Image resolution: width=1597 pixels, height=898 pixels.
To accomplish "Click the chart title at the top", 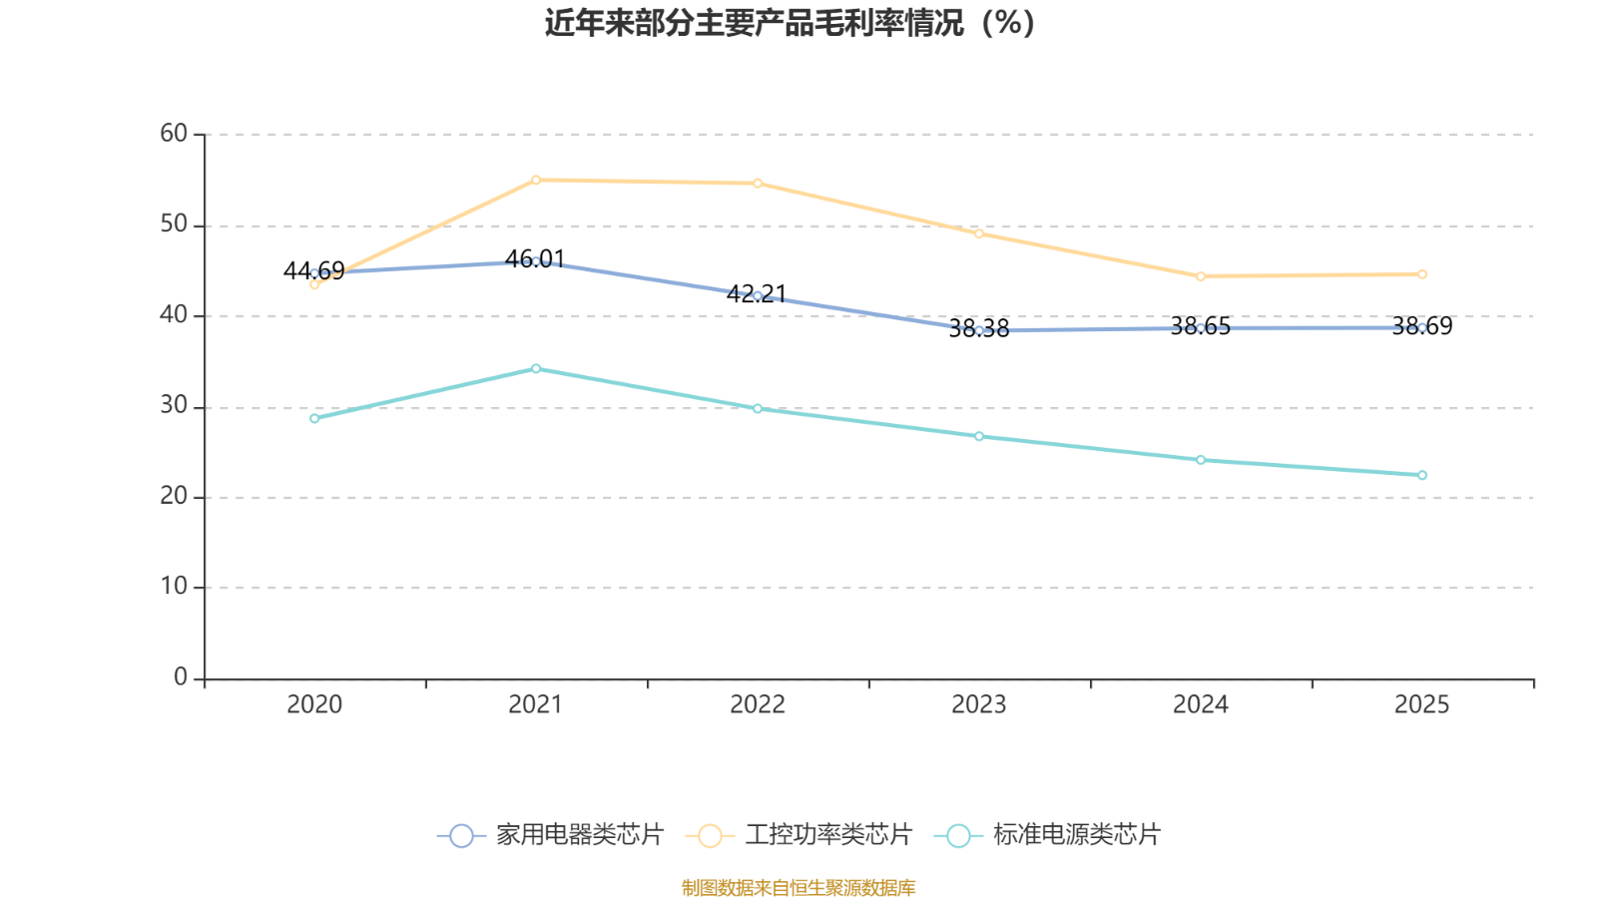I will tap(790, 23).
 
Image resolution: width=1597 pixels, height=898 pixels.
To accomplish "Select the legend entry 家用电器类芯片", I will tap(550, 835).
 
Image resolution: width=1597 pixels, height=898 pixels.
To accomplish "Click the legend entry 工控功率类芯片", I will tap(799, 835).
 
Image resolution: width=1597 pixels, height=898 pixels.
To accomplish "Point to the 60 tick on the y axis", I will tap(174, 134).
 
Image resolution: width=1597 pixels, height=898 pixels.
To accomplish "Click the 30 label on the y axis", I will tap(174, 406).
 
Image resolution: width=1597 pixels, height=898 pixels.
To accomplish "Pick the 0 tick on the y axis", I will tap(181, 678).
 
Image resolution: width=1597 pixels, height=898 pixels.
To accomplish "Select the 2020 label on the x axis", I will tap(314, 705).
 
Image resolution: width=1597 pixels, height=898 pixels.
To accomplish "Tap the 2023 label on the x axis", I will tap(979, 705).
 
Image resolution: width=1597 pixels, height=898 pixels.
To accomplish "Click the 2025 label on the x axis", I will tap(1421, 705).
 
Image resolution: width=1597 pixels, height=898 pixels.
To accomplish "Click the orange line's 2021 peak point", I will tap(536, 181).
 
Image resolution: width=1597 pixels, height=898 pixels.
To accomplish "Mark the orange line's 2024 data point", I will tap(1201, 276).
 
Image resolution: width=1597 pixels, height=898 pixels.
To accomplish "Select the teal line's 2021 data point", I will tap(536, 368).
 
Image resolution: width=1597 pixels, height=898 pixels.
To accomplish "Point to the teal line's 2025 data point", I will tap(1422, 475).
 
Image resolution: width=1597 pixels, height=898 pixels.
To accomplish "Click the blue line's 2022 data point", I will tap(758, 296).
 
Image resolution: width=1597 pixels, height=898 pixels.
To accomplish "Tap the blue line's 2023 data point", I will tap(979, 330).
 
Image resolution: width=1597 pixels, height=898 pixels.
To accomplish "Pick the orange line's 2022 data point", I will tap(758, 183).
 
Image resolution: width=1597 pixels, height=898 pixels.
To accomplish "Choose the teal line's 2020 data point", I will tap(314, 418).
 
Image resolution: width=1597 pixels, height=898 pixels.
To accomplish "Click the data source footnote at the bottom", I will tap(798, 887).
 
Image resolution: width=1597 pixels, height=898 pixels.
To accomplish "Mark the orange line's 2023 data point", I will tap(979, 233).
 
